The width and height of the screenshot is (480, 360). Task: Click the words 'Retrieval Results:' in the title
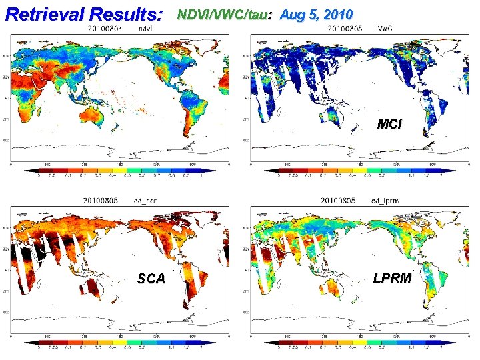tap(83, 13)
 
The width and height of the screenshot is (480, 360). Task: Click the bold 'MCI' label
tap(389, 123)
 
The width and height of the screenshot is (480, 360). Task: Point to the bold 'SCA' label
tap(151, 279)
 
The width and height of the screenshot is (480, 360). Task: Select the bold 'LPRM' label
tap(392, 278)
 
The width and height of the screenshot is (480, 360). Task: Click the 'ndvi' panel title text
tap(144, 29)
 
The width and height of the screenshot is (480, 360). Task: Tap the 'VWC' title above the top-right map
tap(385, 29)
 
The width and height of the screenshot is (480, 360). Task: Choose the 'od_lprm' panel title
tap(386, 200)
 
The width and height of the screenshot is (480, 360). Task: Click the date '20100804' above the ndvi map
tap(104, 29)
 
